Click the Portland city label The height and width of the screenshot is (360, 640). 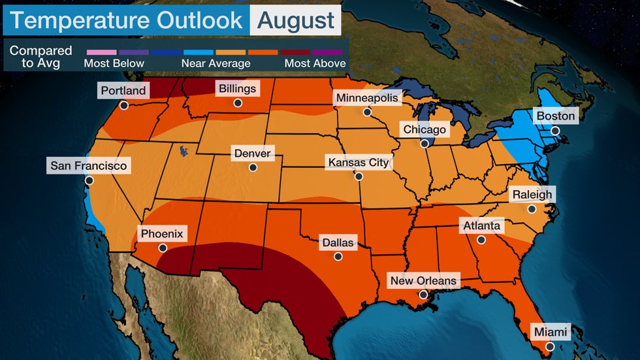123,91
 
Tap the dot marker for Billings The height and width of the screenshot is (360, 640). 238,103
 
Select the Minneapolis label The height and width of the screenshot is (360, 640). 366,98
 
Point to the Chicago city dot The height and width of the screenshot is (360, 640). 424,143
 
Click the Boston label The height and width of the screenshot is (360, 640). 555,116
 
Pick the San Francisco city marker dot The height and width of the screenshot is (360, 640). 89,180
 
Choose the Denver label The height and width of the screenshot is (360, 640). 252,154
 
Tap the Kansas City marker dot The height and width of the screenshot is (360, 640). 359,176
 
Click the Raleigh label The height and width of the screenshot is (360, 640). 532,194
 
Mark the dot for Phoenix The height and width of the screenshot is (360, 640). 163,248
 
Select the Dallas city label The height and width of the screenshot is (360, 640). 338,243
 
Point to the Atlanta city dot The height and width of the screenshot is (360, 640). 481,240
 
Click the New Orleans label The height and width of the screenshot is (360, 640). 423,281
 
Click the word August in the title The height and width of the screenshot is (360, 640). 296,20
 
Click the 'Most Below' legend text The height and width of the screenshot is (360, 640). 114,63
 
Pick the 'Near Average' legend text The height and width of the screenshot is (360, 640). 216,63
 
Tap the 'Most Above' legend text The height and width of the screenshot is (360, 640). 315,63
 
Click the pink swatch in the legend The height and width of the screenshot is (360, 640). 101,50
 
